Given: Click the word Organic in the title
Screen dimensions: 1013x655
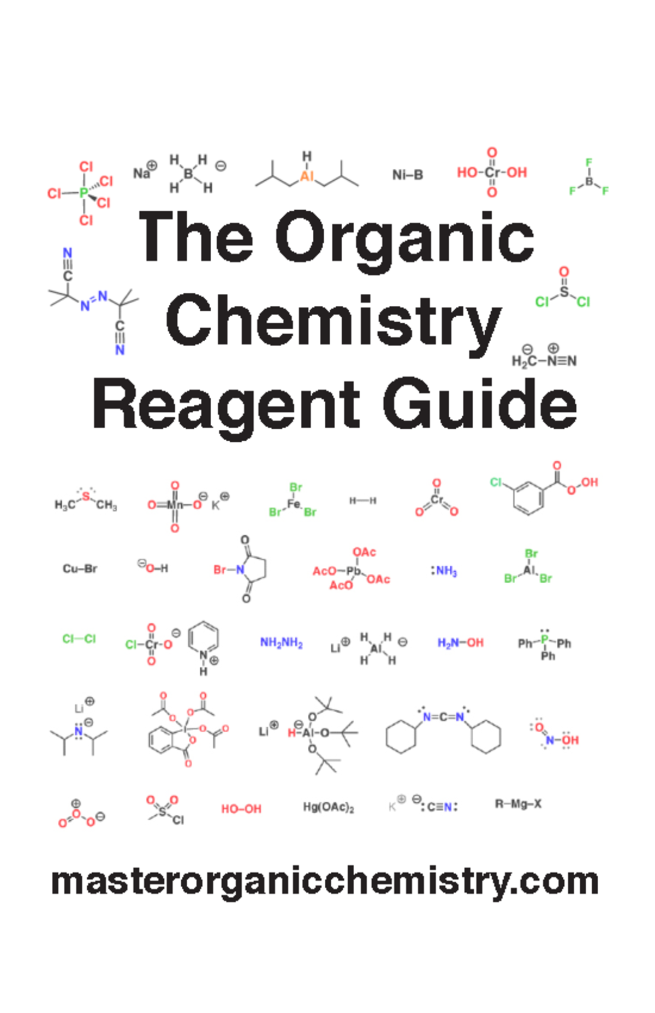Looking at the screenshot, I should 404,239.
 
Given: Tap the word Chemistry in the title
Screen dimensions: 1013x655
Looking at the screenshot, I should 334,322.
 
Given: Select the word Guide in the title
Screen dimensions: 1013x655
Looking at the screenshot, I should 480,405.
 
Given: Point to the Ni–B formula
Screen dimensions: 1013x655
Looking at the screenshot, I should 407,175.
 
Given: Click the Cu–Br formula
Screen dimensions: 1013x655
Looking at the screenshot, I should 80,569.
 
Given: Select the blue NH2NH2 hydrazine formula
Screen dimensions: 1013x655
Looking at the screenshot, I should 281,643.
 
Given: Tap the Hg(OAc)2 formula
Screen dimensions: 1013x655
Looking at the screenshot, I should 329,807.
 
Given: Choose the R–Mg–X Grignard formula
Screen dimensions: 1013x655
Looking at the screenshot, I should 518,804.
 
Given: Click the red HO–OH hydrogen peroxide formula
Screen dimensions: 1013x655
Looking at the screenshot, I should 241,809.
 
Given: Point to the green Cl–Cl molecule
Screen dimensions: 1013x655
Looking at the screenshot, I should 79,639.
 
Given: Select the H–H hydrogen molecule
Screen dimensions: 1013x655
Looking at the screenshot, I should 363,501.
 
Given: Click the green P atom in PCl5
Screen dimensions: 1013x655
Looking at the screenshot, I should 84,193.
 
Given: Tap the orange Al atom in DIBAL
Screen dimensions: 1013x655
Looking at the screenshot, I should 307,176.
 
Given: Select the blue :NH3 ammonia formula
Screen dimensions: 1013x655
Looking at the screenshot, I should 444,571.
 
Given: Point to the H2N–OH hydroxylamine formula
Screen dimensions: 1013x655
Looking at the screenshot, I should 460,643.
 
